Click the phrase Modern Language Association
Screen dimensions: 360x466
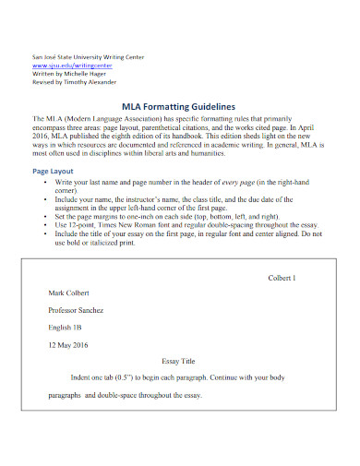click(117, 120)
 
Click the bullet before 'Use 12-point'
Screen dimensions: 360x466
click(46, 225)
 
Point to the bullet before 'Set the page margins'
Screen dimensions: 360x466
click(46, 217)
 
